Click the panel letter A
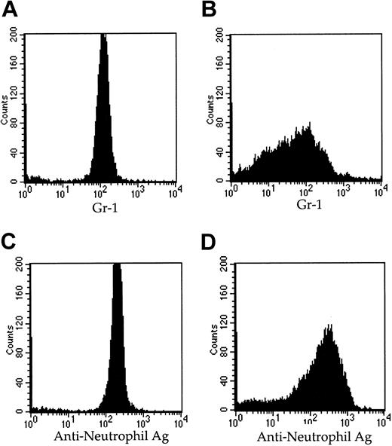coord(11,11)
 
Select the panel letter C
coord(11,240)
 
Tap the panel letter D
coord(212,240)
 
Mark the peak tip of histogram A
coord(103,35)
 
